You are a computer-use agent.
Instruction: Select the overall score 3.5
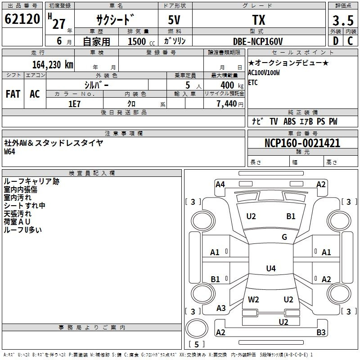pos(342,20)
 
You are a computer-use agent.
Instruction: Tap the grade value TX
pos(258,20)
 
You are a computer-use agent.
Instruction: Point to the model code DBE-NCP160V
pos(258,41)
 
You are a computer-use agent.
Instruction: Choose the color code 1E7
pos(74,103)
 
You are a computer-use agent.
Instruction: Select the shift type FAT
pos(13,94)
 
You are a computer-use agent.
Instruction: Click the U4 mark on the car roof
pos(270,269)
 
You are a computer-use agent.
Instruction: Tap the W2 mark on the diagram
pos(253,299)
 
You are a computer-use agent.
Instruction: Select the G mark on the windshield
pos(284,237)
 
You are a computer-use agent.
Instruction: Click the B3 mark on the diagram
pos(321,333)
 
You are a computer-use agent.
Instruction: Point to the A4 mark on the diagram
pos(220,184)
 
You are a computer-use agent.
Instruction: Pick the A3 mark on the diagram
pos(221,308)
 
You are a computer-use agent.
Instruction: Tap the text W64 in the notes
pos(9,152)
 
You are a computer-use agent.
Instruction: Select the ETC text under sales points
pos(253,83)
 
